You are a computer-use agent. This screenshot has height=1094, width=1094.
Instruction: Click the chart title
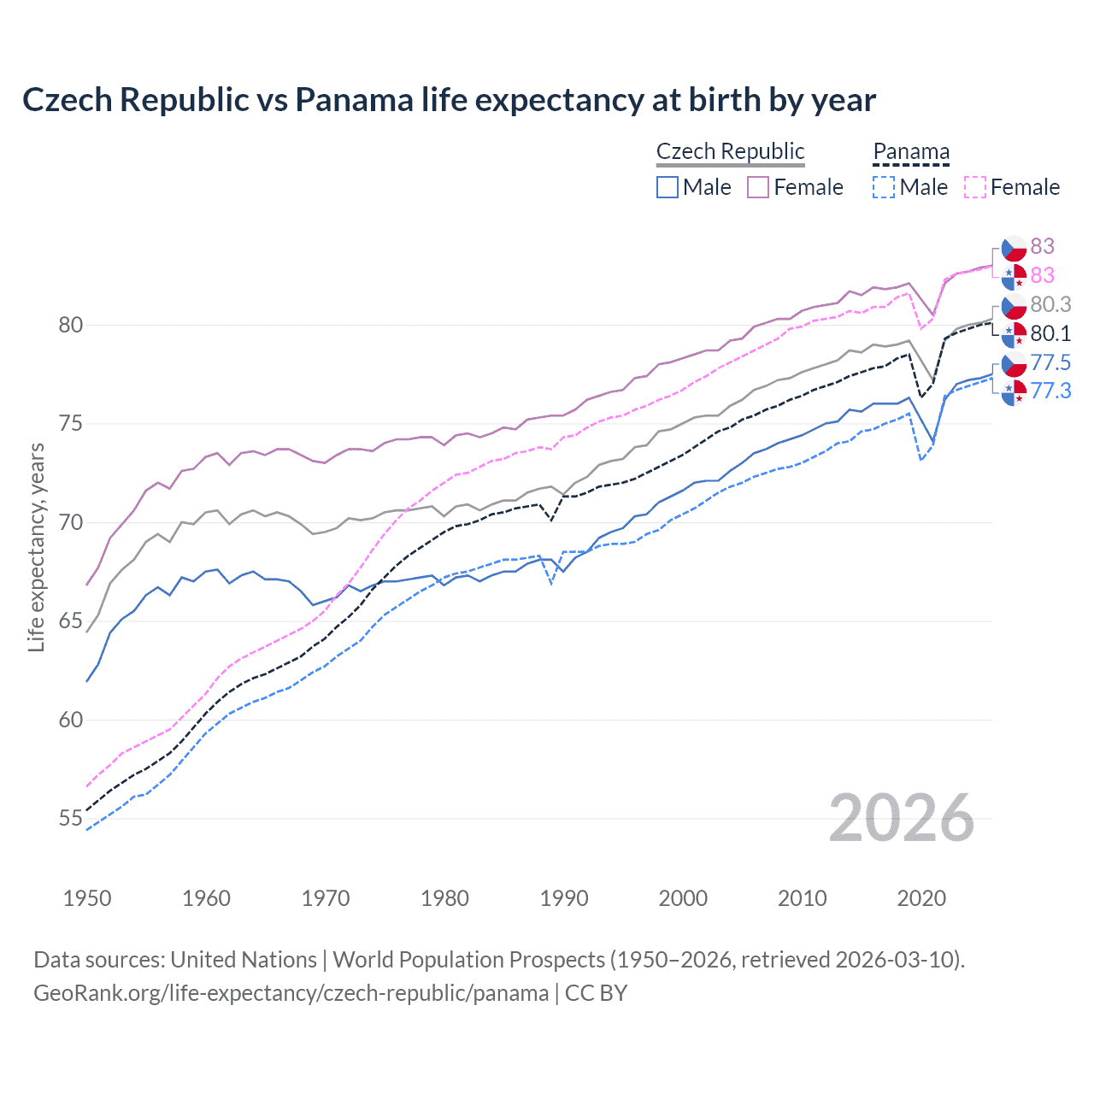click(449, 100)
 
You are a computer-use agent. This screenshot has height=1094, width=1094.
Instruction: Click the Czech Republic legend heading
click(730, 151)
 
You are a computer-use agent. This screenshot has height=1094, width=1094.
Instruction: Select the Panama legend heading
click(911, 151)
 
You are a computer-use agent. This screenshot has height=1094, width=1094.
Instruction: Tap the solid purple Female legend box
click(758, 187)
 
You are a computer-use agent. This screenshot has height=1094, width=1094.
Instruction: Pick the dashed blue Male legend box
click(884, 187)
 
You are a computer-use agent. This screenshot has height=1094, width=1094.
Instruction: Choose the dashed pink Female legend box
click(975, 187)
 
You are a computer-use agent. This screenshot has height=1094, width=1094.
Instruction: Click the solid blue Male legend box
click(668, 187)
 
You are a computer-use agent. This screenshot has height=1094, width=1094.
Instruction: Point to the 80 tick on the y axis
click(71, 325)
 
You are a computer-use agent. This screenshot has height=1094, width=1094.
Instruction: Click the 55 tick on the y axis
click(71, 818)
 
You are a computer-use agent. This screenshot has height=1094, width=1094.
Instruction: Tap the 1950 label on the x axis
click(87, 898)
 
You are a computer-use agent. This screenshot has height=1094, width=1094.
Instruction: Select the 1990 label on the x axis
click(564, 898)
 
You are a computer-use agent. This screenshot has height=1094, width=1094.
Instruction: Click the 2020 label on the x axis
click(921, 898)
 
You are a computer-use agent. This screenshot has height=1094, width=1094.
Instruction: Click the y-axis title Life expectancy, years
click(37, 547)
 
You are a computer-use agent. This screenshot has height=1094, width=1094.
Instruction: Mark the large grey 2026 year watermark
click(901, 818)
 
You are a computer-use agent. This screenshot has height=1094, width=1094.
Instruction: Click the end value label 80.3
click(1050, 304)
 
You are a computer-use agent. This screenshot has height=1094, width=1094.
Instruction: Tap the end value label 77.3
click(1050, 391)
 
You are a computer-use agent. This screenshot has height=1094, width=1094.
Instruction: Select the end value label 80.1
click(1050, 333)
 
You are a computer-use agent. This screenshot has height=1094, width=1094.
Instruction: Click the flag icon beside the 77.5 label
click(1014, 364)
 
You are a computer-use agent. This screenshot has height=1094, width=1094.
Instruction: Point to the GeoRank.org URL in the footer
click(291, 993)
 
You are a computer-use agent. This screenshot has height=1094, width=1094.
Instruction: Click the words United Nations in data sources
click(244, 960)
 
